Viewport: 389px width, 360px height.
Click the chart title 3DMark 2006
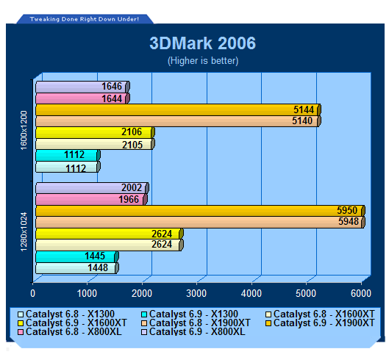tap(202, 43)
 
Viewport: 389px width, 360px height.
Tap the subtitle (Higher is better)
tap(203, 61)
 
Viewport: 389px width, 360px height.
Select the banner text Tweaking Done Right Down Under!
tap(85, 19)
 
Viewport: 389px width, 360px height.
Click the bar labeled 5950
tap(200, 211)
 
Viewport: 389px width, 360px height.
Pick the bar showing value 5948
tap(200, 222)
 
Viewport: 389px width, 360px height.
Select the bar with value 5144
tap(179, 109)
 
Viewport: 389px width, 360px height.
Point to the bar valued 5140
tap(179, 121)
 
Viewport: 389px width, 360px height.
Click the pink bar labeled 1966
tap(91, 200)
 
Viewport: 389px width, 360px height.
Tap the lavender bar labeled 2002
tap(93, 188)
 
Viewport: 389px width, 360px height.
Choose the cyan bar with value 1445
tap(77, 256)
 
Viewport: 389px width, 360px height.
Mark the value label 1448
tap(98, 267)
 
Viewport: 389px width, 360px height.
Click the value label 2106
tap(132, 132)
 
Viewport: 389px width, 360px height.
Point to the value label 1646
tap(112, 87)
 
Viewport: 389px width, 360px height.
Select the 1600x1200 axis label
tap(24, 131)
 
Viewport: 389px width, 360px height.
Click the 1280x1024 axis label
tap(24, 232)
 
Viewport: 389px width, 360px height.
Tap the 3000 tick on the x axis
tap(196, 294)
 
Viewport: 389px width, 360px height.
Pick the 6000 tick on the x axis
tap(361, 294)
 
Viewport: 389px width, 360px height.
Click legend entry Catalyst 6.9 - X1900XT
tap(320, 323)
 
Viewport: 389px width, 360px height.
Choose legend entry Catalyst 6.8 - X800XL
tap(70, 332)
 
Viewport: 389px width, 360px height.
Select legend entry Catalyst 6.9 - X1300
tap(190, 314)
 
